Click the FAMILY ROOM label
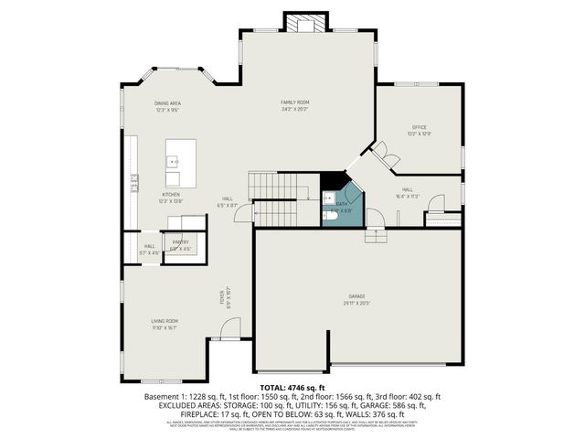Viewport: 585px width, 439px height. click(294, 102)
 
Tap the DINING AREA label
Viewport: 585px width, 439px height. click(167, 103)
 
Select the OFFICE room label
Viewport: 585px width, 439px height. click(419, 127)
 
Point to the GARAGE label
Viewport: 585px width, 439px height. click(356, 296)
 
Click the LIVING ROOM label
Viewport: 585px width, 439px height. click(165, 321)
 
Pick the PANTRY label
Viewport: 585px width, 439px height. click(180, 241)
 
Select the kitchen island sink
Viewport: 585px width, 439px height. click(172, 161)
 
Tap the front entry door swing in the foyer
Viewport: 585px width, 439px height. click(232, 326)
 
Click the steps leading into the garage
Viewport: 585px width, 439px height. click(376, 237)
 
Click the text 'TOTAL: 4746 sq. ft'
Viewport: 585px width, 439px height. click(292, 388)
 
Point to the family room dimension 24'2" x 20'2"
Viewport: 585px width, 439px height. click(294, 109)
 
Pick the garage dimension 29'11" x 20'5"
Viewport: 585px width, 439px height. click(356, 303)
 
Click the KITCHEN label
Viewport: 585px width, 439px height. click(171, 194)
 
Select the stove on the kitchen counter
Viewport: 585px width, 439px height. click(133, 179)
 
